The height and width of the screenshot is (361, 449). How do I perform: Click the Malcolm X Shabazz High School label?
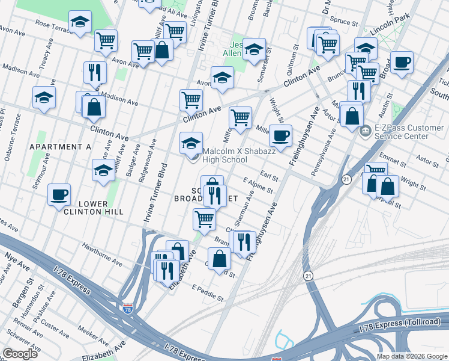pos(224,155)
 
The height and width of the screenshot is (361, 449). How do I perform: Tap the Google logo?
pos(20,354)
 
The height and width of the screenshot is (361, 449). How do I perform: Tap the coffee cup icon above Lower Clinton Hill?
pos(59,195)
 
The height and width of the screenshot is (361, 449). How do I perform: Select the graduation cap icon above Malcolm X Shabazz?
pos(191,143)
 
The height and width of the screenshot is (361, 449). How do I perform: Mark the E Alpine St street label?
pos(258,185)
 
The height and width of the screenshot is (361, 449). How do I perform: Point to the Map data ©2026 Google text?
pos(411,356)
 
